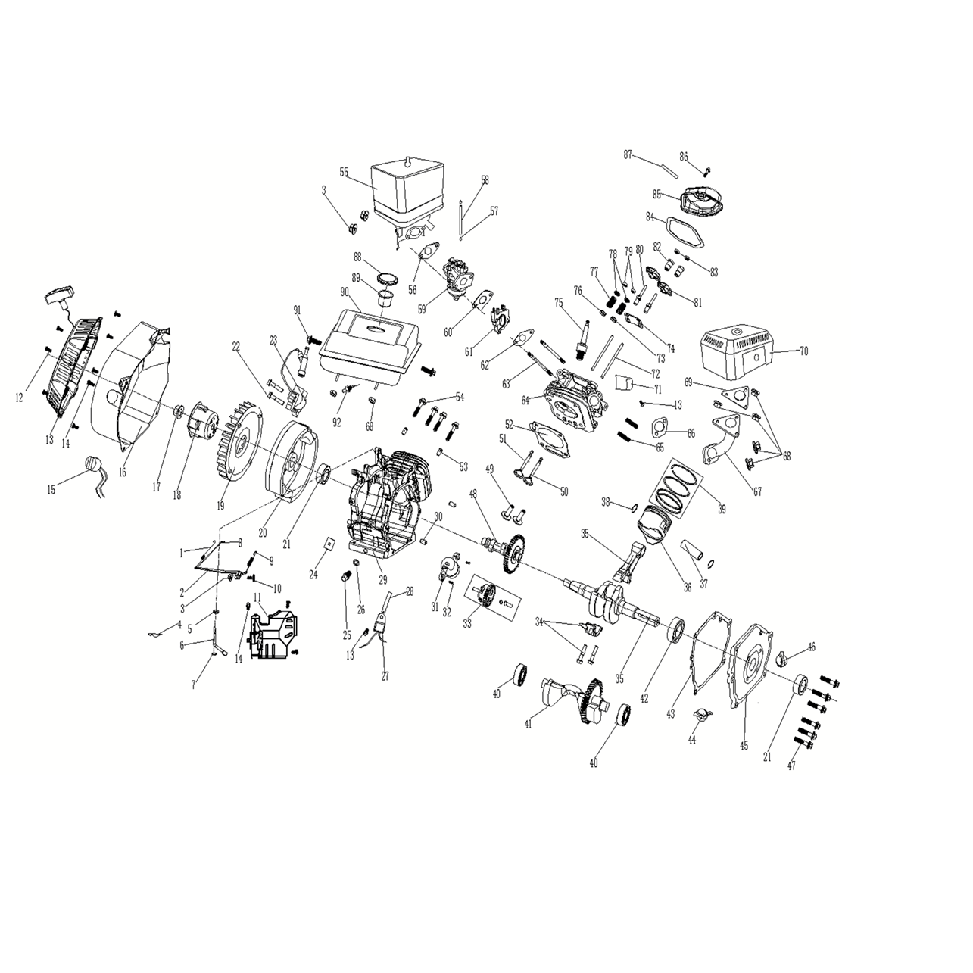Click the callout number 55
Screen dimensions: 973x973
pyautogui.click(x=344, y=172)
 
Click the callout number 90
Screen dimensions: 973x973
pyautogui.click(x=345, y=292)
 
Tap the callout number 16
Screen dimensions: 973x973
pyautogui.click(x=122, y=472)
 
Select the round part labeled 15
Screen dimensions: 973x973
pyautogui.click(x=95, y=463)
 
